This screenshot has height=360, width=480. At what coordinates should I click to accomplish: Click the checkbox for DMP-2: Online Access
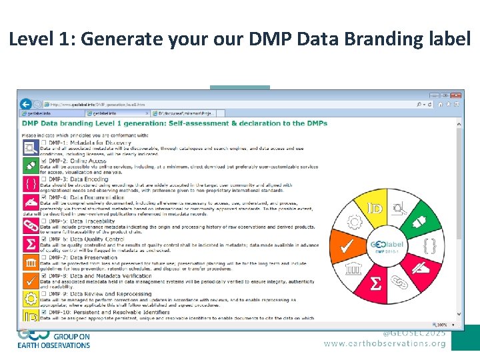click(x=44, y=161)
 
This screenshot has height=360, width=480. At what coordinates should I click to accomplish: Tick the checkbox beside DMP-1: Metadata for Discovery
click(x=44, y=143)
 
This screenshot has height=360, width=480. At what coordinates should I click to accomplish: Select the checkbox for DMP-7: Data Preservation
click(x=44, y=257)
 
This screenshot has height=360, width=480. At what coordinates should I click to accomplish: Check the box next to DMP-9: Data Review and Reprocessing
click(x=44, y=294)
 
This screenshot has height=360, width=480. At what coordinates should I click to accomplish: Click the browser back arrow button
click(x=26, y=104)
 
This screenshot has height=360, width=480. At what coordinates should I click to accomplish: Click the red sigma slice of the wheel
click(x=376, y=285)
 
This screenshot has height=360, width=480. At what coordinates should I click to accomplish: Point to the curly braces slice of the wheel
click(x=431, y=246)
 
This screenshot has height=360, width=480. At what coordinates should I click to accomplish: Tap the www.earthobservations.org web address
click(x=385, y=344)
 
